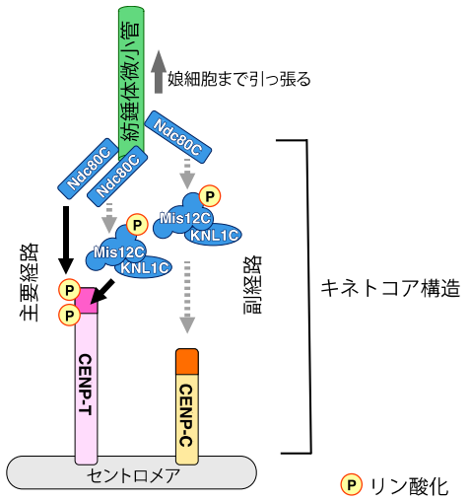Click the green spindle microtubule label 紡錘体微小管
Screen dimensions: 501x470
130,79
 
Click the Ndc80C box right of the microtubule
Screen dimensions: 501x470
177,138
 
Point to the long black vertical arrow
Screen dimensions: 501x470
67,237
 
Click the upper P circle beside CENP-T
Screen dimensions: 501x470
68,290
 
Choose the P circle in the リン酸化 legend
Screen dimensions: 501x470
350,484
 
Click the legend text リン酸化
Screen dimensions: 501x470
408,485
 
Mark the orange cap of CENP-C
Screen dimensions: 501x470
188,361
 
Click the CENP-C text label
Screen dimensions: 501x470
187,410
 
